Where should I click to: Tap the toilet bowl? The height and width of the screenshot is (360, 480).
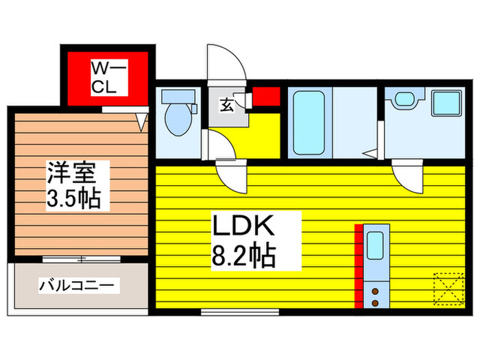(178, 119)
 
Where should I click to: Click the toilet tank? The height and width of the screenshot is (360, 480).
(178, 97)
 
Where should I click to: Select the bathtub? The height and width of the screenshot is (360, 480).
(309, 123)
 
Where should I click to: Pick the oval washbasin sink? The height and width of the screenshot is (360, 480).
(404, 99)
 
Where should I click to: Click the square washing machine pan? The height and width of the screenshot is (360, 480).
(446, 103)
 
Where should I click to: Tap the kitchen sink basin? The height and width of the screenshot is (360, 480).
(375, 245)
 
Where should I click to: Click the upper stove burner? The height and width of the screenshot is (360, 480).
(375, 291)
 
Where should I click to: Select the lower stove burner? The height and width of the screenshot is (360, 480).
(375, 303)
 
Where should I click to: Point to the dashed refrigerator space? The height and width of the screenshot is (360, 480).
(448, 289)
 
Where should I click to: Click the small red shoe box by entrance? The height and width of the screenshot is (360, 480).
(266, 97)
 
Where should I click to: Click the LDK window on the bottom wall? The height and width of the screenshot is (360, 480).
(240, 312)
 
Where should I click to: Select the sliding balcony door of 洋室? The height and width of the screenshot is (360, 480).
(82, 259)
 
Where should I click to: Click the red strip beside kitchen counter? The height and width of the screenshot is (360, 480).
(359, 266)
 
